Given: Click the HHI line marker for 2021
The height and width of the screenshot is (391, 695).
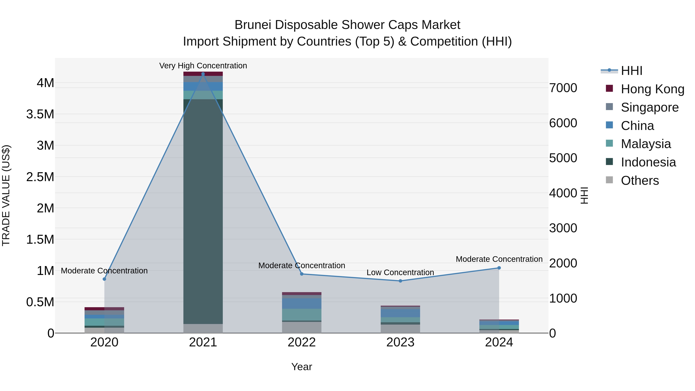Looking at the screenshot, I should pyautogui.click(x=203, y=74).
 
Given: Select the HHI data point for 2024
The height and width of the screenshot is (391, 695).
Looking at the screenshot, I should pyautogui.click(x=499, y=268).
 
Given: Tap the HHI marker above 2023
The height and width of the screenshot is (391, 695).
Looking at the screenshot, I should pyautogui.click(x=400, y=281).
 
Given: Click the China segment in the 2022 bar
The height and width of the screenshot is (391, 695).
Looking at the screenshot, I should pyautogui.click(x=302, y=303).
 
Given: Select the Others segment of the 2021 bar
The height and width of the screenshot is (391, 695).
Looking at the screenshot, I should pyautogui.click(x=203, y=328).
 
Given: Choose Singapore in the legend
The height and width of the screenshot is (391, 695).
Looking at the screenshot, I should pyautogui.click(x=649, y=107).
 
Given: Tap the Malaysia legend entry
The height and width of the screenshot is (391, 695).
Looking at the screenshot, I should pyautogui.click(x=646, y=144).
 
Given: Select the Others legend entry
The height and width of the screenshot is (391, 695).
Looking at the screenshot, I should pyautogui.click(x=640, y=181).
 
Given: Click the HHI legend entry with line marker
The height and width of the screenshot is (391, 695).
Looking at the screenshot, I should pyautogui.click(x=631, y=71).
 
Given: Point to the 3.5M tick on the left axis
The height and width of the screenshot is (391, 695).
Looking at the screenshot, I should pyautogui.click(x=40, y=114).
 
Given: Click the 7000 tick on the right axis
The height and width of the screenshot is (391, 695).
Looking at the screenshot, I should pyautogui.click(x=563, y=88).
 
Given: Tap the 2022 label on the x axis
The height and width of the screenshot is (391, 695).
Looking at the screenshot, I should pyautogui.click(x=302, y=342).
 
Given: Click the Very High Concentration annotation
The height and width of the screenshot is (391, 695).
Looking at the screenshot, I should pyautogui.click(x=203, y=66).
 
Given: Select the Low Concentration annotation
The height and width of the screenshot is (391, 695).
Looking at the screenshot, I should pyautogui.click(x=400, y=272).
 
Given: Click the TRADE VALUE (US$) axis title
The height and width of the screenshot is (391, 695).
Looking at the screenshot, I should pyautogui.click(x=6, y=195).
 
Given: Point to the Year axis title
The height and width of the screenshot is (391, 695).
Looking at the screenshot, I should pyautogui.click(x=302, y=367).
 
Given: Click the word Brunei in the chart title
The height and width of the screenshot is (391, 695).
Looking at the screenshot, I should pyautogui.click(x=252, y=25).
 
